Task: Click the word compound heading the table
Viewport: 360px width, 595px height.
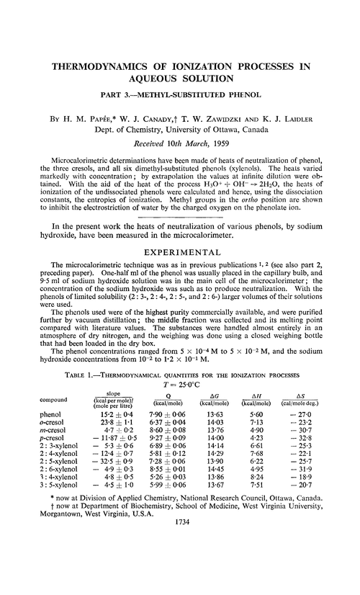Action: (55, 401)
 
